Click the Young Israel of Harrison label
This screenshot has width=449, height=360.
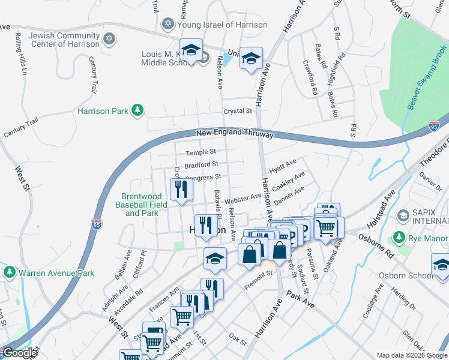click(x=223, y=25)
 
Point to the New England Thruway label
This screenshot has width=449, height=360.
click(x=235, y=133)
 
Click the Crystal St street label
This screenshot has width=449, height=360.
click(x=237, y=111)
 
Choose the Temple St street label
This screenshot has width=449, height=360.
click(x=200, y=153)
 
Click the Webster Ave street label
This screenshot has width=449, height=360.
click(x=243, y=197)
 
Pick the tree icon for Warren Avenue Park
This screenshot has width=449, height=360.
click(x=9, y=272)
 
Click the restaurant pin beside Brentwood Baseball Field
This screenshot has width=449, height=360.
click(x=181, y=190)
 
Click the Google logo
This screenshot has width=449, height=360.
click(x=20, y=353)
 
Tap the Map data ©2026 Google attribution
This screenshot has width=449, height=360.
click(x=411, y=355)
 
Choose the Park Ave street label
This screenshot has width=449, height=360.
click(x=300, y=299)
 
